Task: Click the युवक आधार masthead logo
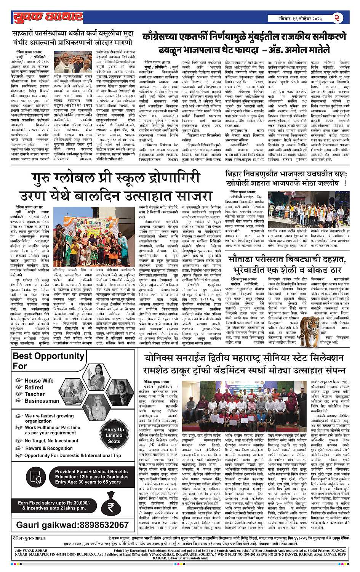(x=48, y=17)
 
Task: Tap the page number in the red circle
(x=338, y=18)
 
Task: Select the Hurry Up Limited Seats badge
(x=114, y=435)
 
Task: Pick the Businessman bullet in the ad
(x=42, y=401)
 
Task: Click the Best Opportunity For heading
(x=48, y=361)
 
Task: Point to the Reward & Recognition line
(x=49, y=448)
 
